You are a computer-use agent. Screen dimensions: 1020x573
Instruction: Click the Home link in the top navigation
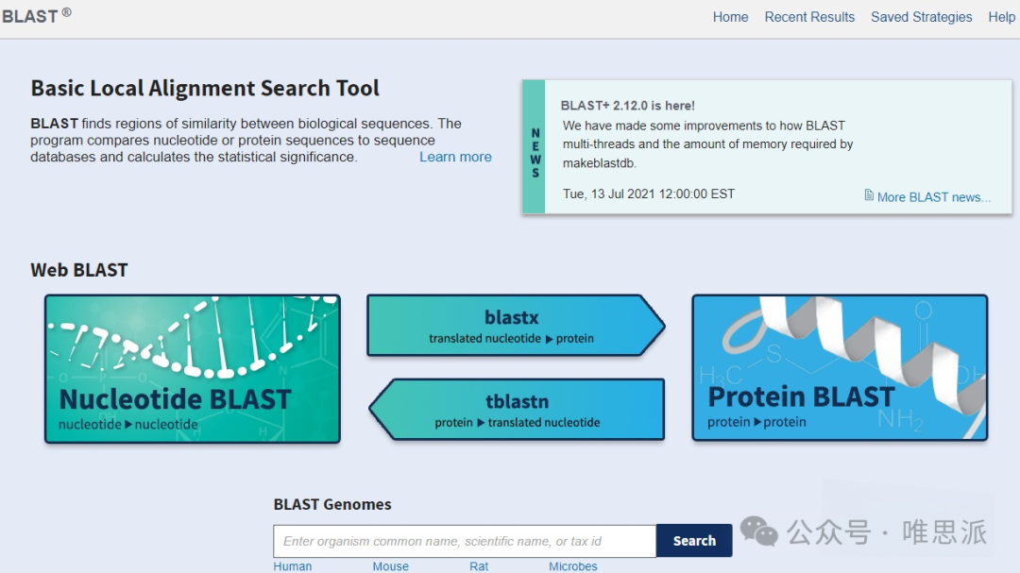(730, 17)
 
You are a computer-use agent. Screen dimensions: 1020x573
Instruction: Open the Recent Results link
(809, 17)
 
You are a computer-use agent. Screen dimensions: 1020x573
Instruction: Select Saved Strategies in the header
(921, 17)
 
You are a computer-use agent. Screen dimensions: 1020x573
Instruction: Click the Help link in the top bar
(1001, 17)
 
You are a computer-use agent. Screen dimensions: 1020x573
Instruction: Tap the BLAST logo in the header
(30, 16)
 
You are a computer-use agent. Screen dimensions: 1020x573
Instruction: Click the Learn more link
(455, 157)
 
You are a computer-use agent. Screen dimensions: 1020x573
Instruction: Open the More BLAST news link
(933, 197)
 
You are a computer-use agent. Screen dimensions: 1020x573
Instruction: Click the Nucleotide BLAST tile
(193, 368)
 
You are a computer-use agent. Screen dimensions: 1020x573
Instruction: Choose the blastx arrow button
(512, 326)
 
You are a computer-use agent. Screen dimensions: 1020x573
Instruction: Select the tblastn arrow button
(518, 410)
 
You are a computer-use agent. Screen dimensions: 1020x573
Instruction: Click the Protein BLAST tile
(840, 368)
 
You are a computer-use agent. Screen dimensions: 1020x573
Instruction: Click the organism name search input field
(465, 541)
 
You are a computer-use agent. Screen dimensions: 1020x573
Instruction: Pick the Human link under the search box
(293, 566)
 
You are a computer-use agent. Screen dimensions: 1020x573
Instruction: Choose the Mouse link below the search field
(390, 566)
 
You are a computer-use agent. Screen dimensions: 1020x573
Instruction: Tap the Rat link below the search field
(479, 566)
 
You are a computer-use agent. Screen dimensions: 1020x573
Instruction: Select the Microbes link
(573, 566)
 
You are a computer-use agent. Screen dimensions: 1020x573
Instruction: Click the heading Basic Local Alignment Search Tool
(205, 89)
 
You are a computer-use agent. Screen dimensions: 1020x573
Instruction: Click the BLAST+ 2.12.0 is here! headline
(627, 106)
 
